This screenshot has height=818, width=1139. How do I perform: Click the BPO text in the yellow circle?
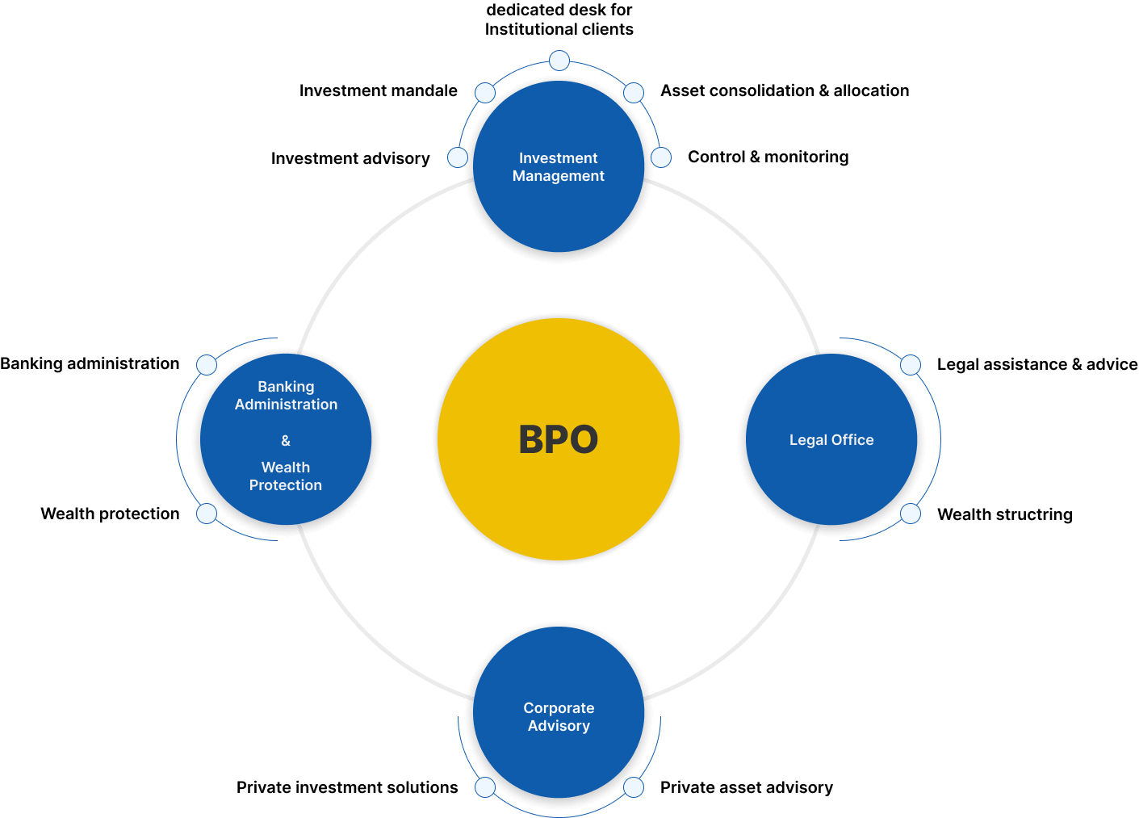pos(559,439)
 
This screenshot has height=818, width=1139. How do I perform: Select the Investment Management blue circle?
pos(559,166)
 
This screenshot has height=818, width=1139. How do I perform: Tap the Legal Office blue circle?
pos(831,439)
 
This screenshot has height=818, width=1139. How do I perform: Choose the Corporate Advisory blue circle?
pos(559,712)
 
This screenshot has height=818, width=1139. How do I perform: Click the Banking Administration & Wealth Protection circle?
pos(286,439)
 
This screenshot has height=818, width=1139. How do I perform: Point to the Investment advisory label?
pos(350,158)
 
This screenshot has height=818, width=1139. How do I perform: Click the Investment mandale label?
pos(379,90)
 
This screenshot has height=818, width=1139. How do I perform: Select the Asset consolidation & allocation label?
pos(785,90)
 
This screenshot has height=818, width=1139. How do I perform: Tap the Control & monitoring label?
pos(768,157)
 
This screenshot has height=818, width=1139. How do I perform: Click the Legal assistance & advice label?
pos(1037,364)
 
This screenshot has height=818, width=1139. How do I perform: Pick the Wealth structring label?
pos(1005,514)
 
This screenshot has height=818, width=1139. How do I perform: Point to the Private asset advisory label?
pos(747,787)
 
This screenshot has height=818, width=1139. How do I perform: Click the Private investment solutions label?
pos(347,787)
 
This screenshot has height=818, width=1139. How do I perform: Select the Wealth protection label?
pos(111,514)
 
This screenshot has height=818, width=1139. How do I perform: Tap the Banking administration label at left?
pos(90,363)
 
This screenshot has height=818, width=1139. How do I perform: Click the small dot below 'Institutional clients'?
pos(559,61)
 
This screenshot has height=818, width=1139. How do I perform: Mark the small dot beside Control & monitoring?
pos(661,157)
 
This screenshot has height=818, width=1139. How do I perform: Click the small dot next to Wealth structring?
pos(911,514)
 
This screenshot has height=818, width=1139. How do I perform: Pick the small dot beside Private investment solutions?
pos(485,787)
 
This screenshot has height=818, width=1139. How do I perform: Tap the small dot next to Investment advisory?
pos(458,157)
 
